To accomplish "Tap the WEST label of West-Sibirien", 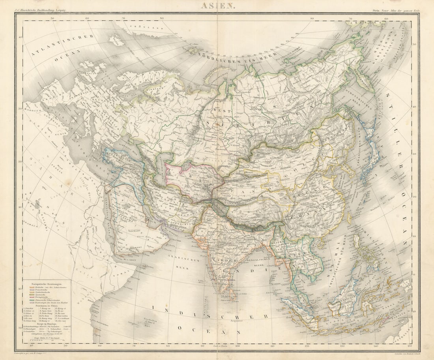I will [x=222, y=111].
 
